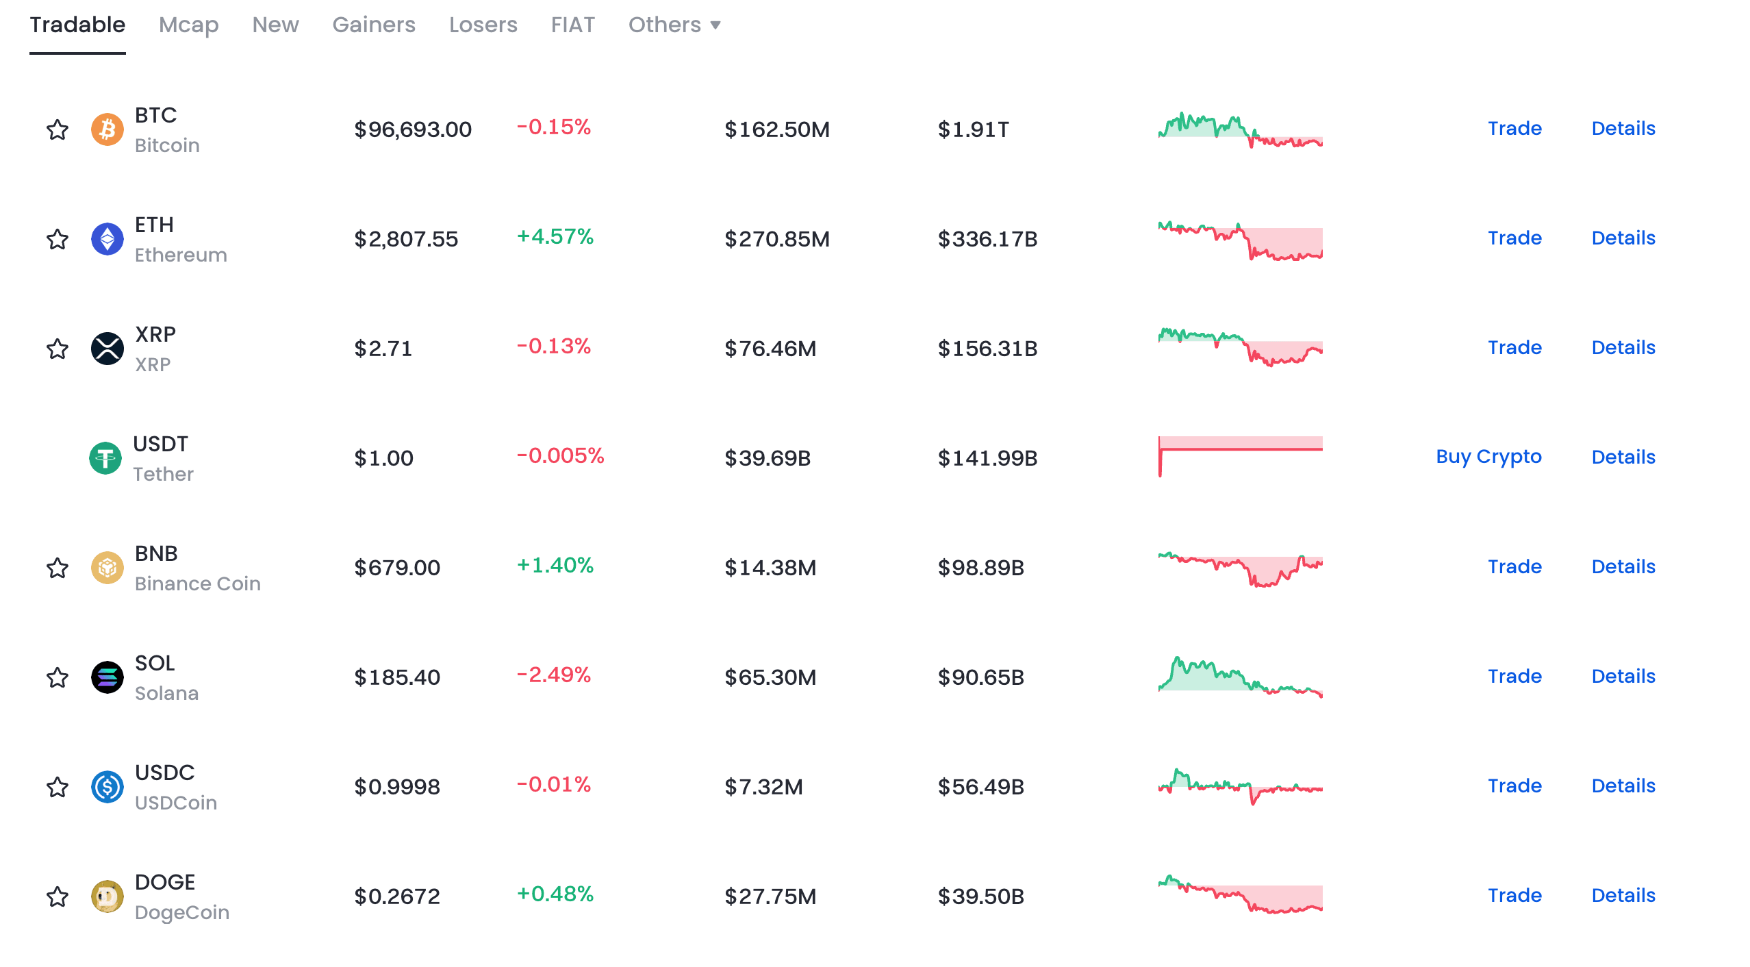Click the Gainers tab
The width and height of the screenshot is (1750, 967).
374,25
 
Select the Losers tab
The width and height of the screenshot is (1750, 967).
483,25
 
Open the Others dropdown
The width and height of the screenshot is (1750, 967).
674,25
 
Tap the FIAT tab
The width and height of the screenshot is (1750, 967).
573,25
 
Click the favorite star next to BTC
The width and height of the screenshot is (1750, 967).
58,129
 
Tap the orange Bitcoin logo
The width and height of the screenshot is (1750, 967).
107,129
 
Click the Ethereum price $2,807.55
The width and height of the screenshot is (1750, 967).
406,239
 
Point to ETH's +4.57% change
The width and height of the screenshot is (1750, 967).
555,236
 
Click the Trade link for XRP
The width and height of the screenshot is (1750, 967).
1514,347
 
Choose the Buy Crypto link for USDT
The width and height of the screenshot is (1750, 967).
1488,457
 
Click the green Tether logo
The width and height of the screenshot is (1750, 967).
105,458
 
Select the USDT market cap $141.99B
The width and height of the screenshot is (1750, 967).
987,458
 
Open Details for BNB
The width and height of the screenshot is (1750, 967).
1623,566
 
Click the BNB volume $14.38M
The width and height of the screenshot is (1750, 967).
770,568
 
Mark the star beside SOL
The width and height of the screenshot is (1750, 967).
58,677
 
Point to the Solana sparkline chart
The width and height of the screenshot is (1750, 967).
1241,676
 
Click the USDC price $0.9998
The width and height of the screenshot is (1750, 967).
397,787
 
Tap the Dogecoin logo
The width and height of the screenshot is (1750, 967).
107,896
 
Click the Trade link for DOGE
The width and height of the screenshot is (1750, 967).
1514,895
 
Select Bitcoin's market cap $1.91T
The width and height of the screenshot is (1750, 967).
973,129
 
